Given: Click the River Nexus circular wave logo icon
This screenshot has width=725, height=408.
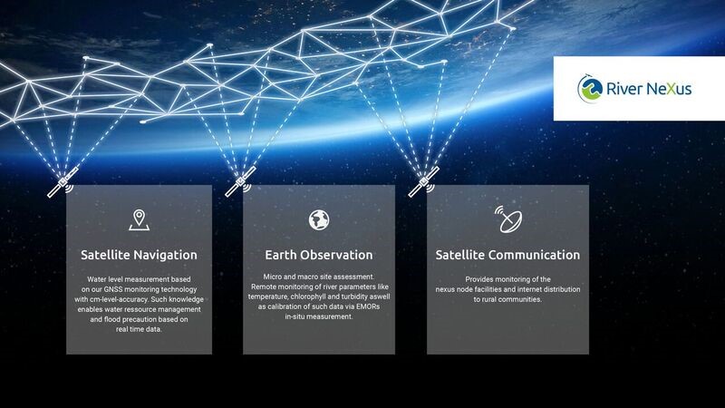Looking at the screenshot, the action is tap(590, 88).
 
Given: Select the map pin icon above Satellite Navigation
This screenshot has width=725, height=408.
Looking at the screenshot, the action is tap(139, 219).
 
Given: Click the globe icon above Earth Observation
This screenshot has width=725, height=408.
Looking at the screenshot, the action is tap(319, 219).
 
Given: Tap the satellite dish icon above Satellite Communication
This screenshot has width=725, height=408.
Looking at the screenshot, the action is tap(508, 219).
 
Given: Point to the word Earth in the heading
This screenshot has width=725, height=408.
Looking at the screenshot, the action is tap(280, 255).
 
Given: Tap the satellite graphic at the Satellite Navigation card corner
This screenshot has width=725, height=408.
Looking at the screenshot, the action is tap(62, 182).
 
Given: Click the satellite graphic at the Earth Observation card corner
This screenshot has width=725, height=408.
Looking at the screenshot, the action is tap(240, 182).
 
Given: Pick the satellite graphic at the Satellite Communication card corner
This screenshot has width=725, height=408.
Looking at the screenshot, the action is tap(423, 182).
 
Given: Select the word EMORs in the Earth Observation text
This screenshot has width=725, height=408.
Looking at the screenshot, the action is tap(368, 306).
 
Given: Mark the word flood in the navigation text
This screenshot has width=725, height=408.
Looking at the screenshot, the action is tap(112, 319).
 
